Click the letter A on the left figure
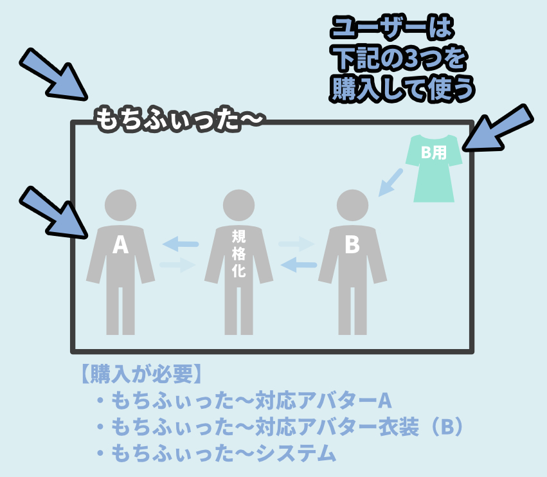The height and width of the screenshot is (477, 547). pos(120,245)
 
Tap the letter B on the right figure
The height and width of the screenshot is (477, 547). pos(352,245)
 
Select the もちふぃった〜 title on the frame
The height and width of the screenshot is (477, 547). pos(179,120)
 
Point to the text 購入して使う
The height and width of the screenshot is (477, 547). pos(402,89)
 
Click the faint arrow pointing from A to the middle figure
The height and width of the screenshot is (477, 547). pos(177,264)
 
